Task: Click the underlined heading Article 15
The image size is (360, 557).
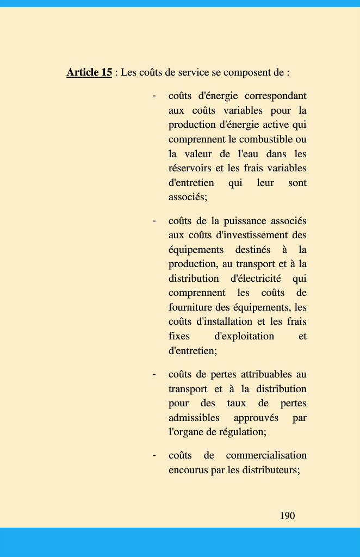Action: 89,72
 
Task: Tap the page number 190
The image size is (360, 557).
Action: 287,516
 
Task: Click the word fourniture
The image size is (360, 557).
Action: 190,307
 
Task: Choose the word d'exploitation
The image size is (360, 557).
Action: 244,336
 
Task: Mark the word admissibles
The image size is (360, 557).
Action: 194,418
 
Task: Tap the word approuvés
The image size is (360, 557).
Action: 256,418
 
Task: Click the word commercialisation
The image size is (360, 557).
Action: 266,455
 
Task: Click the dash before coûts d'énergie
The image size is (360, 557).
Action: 154,96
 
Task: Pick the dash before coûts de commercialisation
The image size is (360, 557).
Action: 154,455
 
